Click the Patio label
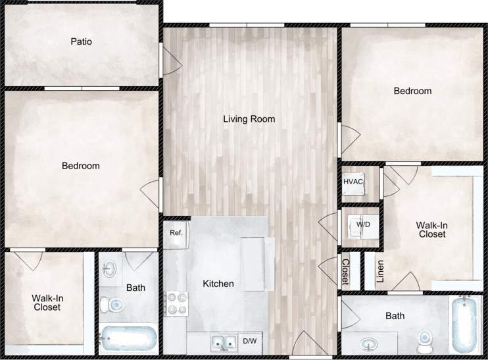[82, 41]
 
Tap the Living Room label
[249, 119]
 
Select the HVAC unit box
[354, 182]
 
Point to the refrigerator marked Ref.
[176, 234]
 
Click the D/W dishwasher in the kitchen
[250, 341]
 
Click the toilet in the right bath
[426, 342]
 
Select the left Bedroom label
[81, 166]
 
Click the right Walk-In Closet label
[431, 230]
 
